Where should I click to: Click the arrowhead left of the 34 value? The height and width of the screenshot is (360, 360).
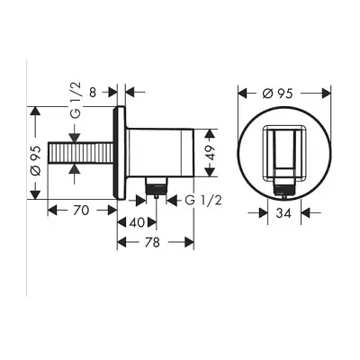[x=265, y=214]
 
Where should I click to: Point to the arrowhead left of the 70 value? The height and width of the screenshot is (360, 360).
[x=51, y=211]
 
